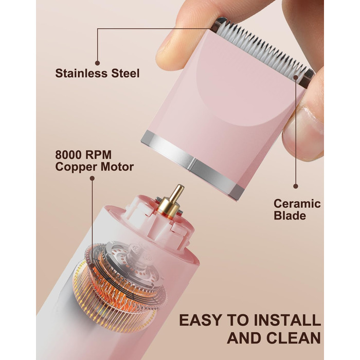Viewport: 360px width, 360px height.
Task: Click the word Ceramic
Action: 297,204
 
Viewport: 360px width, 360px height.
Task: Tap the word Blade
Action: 290,215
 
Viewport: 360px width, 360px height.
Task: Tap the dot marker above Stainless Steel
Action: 97,63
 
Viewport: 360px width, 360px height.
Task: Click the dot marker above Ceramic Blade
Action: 296,186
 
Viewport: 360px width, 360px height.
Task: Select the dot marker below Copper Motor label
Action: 92,178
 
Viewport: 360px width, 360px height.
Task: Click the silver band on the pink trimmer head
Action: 192,165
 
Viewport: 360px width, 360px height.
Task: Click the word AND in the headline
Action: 244,338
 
